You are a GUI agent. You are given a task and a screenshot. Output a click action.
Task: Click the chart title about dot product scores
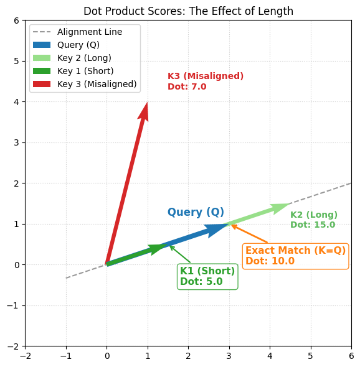point(188,11)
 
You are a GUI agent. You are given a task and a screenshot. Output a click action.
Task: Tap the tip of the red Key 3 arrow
point(147,103)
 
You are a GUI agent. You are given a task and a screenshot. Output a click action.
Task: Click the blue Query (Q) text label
point(196,212)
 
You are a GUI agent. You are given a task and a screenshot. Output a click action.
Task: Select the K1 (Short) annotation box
point(207,276)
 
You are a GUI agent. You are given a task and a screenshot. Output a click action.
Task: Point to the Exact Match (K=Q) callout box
point(295,256)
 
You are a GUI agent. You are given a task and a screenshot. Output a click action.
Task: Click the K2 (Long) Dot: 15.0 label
point(313,220)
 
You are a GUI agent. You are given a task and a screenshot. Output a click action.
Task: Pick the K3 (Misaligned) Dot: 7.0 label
point(205,81)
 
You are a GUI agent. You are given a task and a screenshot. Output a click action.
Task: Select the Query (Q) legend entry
point(78,45)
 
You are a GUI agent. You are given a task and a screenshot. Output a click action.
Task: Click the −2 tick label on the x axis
point(26,356)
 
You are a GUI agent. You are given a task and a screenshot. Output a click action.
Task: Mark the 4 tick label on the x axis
point(270,356)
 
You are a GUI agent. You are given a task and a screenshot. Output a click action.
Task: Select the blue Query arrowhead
point(217,230)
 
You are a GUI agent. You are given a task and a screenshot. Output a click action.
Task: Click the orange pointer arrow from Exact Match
point(249,234)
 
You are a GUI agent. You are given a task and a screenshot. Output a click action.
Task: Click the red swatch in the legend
point(41,84)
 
